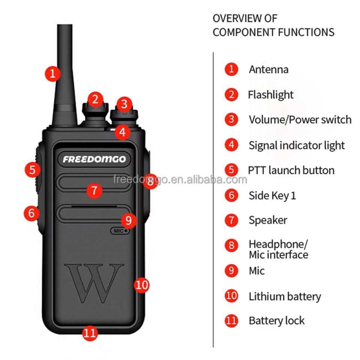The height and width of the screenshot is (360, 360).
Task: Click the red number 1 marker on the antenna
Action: click(52, 74)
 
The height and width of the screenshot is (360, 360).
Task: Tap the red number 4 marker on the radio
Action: click(122, 132)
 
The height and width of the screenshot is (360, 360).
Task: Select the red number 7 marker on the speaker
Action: click(94, 190)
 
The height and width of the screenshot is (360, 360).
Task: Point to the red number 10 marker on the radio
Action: click(142, 285)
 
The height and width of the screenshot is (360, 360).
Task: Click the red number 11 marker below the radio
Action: click(90, 333)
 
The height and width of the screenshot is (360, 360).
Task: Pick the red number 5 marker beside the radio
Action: click(33, 169)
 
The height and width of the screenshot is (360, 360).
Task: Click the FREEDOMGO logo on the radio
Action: click(94, 159)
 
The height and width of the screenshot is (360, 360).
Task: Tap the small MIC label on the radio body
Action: click(120, 231)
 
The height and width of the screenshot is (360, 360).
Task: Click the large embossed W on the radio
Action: click(94, 283)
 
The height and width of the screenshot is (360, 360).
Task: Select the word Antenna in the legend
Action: click(268, 69)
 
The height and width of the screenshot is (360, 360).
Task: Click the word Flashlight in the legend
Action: click(271, 95)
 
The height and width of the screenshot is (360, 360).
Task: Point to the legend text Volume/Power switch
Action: click(300, 120)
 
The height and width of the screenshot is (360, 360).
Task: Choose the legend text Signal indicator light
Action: click(297, 145)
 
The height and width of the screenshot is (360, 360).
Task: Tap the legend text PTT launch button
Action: click(291, 170)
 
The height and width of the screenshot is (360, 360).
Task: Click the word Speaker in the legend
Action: click(268, 220)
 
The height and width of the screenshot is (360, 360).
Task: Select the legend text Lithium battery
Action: click(285, 296)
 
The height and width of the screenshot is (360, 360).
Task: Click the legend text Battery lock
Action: click(277, 321)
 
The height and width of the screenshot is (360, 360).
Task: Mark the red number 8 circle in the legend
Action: click(231, 245)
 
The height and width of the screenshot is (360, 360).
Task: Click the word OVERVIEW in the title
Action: click(237, 18)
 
